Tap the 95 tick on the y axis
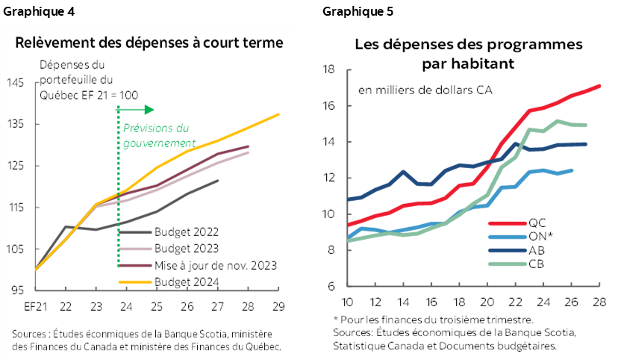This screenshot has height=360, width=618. (17, 291)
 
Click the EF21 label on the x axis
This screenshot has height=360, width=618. (34, 306)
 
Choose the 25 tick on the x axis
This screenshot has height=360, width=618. (157, 306)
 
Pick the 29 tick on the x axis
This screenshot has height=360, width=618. (278, 306)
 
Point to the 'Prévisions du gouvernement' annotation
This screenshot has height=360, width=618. (158, 135)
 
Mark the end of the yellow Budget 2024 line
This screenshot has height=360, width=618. (278, 114)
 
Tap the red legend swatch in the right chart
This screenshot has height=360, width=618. (508, 223)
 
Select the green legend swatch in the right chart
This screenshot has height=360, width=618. (508, 263)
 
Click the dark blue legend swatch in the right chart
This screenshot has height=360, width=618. (508, 249)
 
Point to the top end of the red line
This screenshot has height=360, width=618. (601, 85)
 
